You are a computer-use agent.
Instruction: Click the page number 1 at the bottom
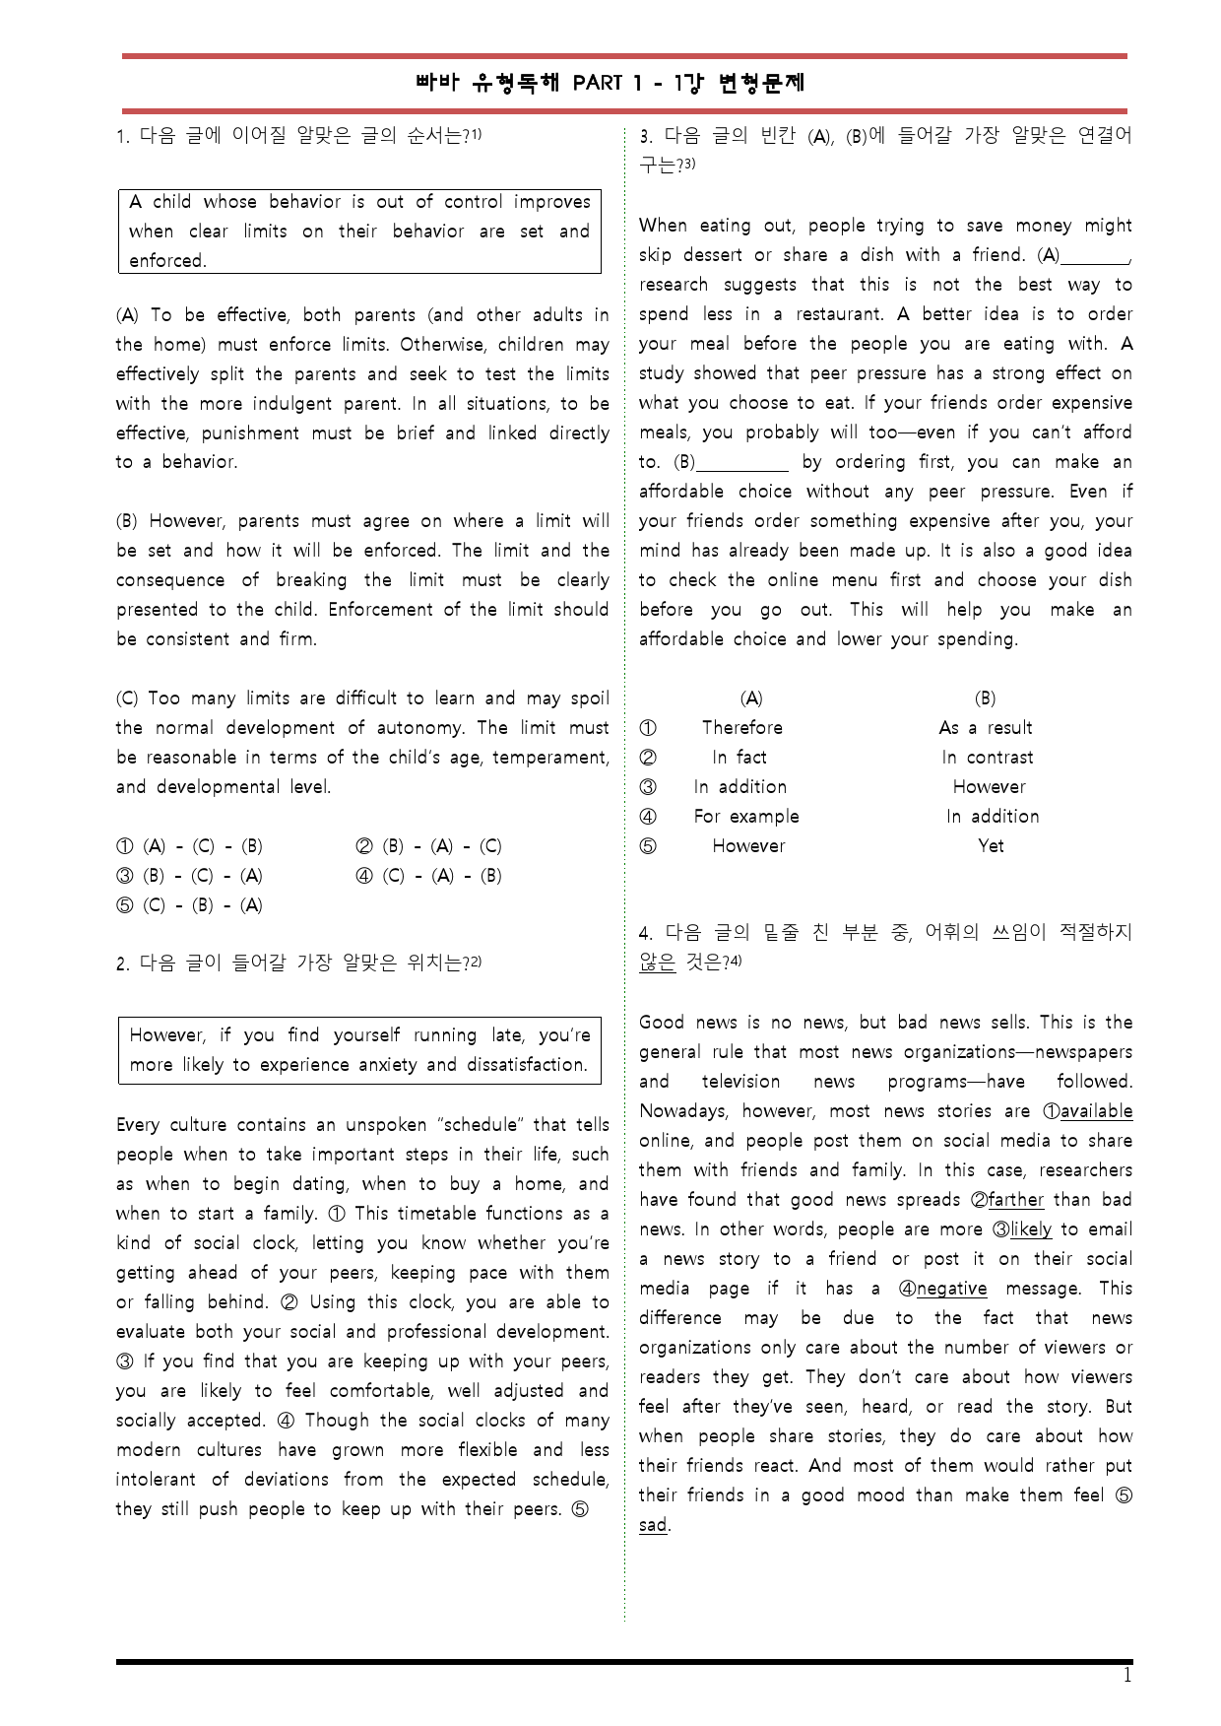[x=1127, y=1676]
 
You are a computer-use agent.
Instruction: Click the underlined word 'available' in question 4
[x=1096, y=1111]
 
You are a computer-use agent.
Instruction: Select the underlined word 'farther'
[x=1015, y=1200]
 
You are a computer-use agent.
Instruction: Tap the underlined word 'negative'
[x=951, y=1289]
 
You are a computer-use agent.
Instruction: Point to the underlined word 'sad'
[x=653, y=1525]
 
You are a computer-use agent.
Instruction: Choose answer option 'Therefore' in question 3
[x=742, y=728]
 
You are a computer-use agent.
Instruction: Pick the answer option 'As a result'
[x=986, y=728]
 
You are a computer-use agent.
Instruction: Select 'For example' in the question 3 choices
[x=746, y=817]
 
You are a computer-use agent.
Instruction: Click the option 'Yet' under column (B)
[x=991, y=846]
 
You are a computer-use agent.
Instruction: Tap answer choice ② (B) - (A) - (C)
[x=428, y=846]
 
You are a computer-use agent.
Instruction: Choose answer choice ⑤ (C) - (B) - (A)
[x=190, y=905]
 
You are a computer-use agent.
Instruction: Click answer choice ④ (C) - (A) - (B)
[x=428, y=876]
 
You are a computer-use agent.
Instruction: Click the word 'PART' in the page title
[x=598, y=84]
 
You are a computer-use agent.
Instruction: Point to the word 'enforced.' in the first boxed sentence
[x=168, y=261]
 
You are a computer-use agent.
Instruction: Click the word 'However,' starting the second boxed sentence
[x=166, y=1035]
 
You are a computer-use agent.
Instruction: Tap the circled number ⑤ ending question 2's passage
[x=580, y=1509]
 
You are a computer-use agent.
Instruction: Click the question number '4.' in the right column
[x=646, y=933]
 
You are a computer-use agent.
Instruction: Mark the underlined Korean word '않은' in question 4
[x=657, y=963]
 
